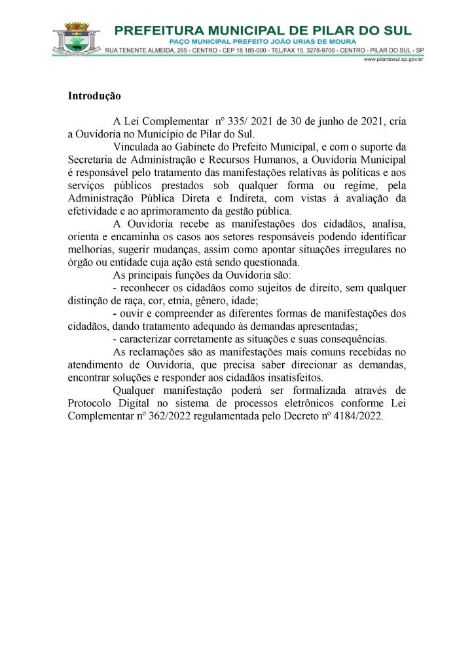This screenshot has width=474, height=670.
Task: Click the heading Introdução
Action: [94, 96]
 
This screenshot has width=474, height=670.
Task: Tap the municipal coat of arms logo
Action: [77, 39]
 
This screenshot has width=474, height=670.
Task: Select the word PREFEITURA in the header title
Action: [153, 30]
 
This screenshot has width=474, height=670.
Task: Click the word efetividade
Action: [92, 211]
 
